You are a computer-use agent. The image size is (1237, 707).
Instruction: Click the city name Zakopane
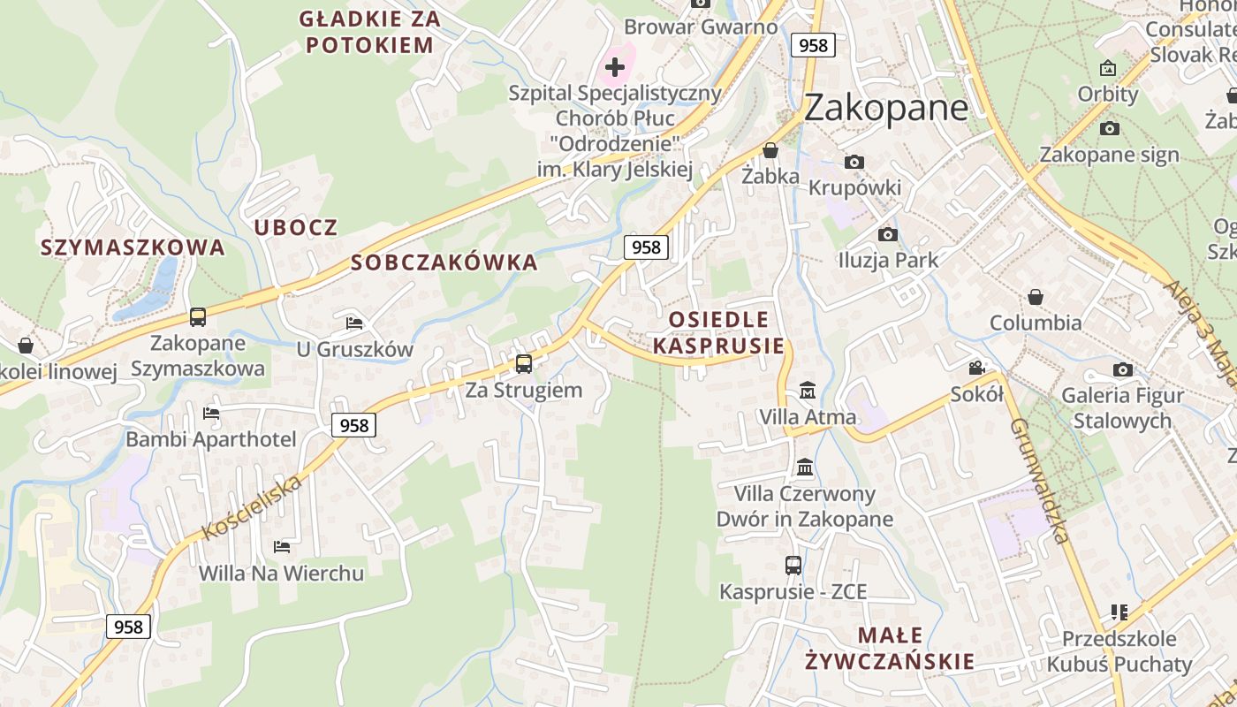click(885, 108)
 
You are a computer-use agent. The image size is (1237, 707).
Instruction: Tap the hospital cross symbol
click(615, 66)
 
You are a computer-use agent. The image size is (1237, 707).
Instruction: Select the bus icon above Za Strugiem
click(524, 363)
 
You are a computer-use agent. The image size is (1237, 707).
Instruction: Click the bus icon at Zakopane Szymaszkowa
click(198, 316)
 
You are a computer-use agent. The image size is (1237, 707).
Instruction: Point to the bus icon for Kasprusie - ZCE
click(793, 566)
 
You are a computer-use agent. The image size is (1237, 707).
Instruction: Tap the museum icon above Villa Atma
click(807, 390)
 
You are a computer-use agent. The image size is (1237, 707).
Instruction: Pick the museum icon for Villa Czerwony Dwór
click(805, 467)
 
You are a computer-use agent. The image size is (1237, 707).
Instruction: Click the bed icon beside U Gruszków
click(354, 323)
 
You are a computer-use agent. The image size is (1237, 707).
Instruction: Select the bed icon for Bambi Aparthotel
click(210, 413)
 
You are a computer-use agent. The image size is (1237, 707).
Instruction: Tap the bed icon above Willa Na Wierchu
click(282, 547)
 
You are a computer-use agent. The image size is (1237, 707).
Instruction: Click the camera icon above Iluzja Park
click(888, 234)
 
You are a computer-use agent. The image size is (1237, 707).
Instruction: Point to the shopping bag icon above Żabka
click(770, 150)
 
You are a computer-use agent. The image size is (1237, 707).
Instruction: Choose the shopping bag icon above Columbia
click(1035, 297)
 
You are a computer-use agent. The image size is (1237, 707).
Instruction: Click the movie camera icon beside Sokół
click(976, 368)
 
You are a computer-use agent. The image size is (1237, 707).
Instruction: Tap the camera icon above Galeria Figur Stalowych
click(1123, 369)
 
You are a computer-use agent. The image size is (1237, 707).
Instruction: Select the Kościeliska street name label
click(252, 506)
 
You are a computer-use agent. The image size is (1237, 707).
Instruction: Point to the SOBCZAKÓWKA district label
click(444, 262)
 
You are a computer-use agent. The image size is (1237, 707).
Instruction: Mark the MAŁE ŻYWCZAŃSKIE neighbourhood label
click(890, 648)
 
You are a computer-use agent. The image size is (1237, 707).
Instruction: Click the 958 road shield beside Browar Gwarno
click(812, 45)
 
